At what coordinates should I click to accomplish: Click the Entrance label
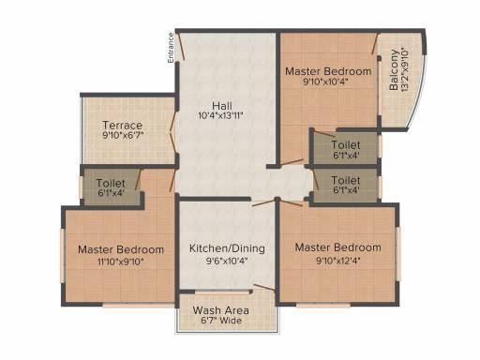click(x=171, y=48)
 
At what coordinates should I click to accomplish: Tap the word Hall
click(x=222, y=106)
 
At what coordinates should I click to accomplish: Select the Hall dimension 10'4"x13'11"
click(x=220, y=116)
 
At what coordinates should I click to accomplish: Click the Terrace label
click(x=123, y=126)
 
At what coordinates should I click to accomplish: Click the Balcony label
click(x=394, y=70)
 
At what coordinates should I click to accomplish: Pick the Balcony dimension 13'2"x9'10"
click(x=404, y=69)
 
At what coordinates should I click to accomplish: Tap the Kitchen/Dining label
click(x=227, y=248)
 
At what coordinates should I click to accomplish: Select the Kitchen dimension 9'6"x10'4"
click(x=227, y=261)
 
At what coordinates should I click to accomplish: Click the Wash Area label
click(x=221, y=310)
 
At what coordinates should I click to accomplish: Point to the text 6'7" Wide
click(x=221, y=321)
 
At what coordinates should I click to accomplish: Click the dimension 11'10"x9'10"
click(x=121, y=262)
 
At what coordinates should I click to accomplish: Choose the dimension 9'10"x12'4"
click(x=338, y=261)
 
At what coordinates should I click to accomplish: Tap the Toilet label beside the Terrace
click(x=111, y=183)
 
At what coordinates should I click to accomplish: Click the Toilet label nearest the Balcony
click(x=346, y=144)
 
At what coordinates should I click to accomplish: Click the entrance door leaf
click(x=180, y=46)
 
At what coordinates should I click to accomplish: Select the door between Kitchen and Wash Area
click(x=264, y=288)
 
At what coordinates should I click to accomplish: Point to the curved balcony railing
click(x=418, y=91)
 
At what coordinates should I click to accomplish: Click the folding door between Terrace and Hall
click(x=173, y=132)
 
